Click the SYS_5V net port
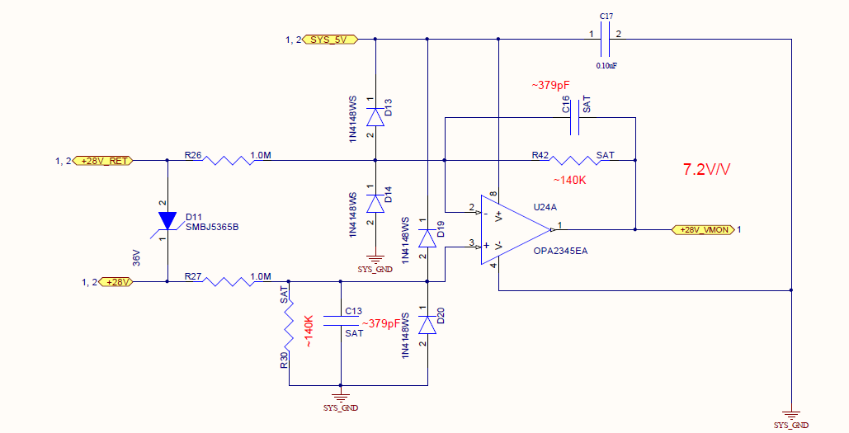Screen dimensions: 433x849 click(x=331, y=39)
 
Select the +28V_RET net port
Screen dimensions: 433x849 click(x=103, y=160)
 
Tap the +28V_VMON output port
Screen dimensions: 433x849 click(x=704, y=229)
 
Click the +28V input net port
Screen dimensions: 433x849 click(x=117, y=282)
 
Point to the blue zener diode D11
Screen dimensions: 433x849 click(x=167, y=221)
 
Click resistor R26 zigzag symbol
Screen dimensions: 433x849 click(x=228, y=160)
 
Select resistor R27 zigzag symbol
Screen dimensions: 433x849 click(x=228, y=282)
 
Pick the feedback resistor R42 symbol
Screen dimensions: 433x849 click(x=574, y=160)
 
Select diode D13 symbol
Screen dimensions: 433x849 click(x=375, y=116)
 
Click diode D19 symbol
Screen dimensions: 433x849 click(x=427, y=238)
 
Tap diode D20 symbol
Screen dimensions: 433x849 click(x=427, y=325)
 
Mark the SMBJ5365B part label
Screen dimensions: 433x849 click(x=213, y=227)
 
